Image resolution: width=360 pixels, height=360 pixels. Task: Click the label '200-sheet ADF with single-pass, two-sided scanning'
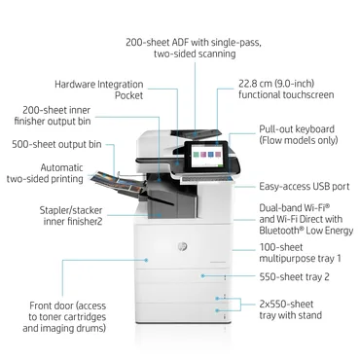179,49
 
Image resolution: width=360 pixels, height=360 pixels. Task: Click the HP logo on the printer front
181,248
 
